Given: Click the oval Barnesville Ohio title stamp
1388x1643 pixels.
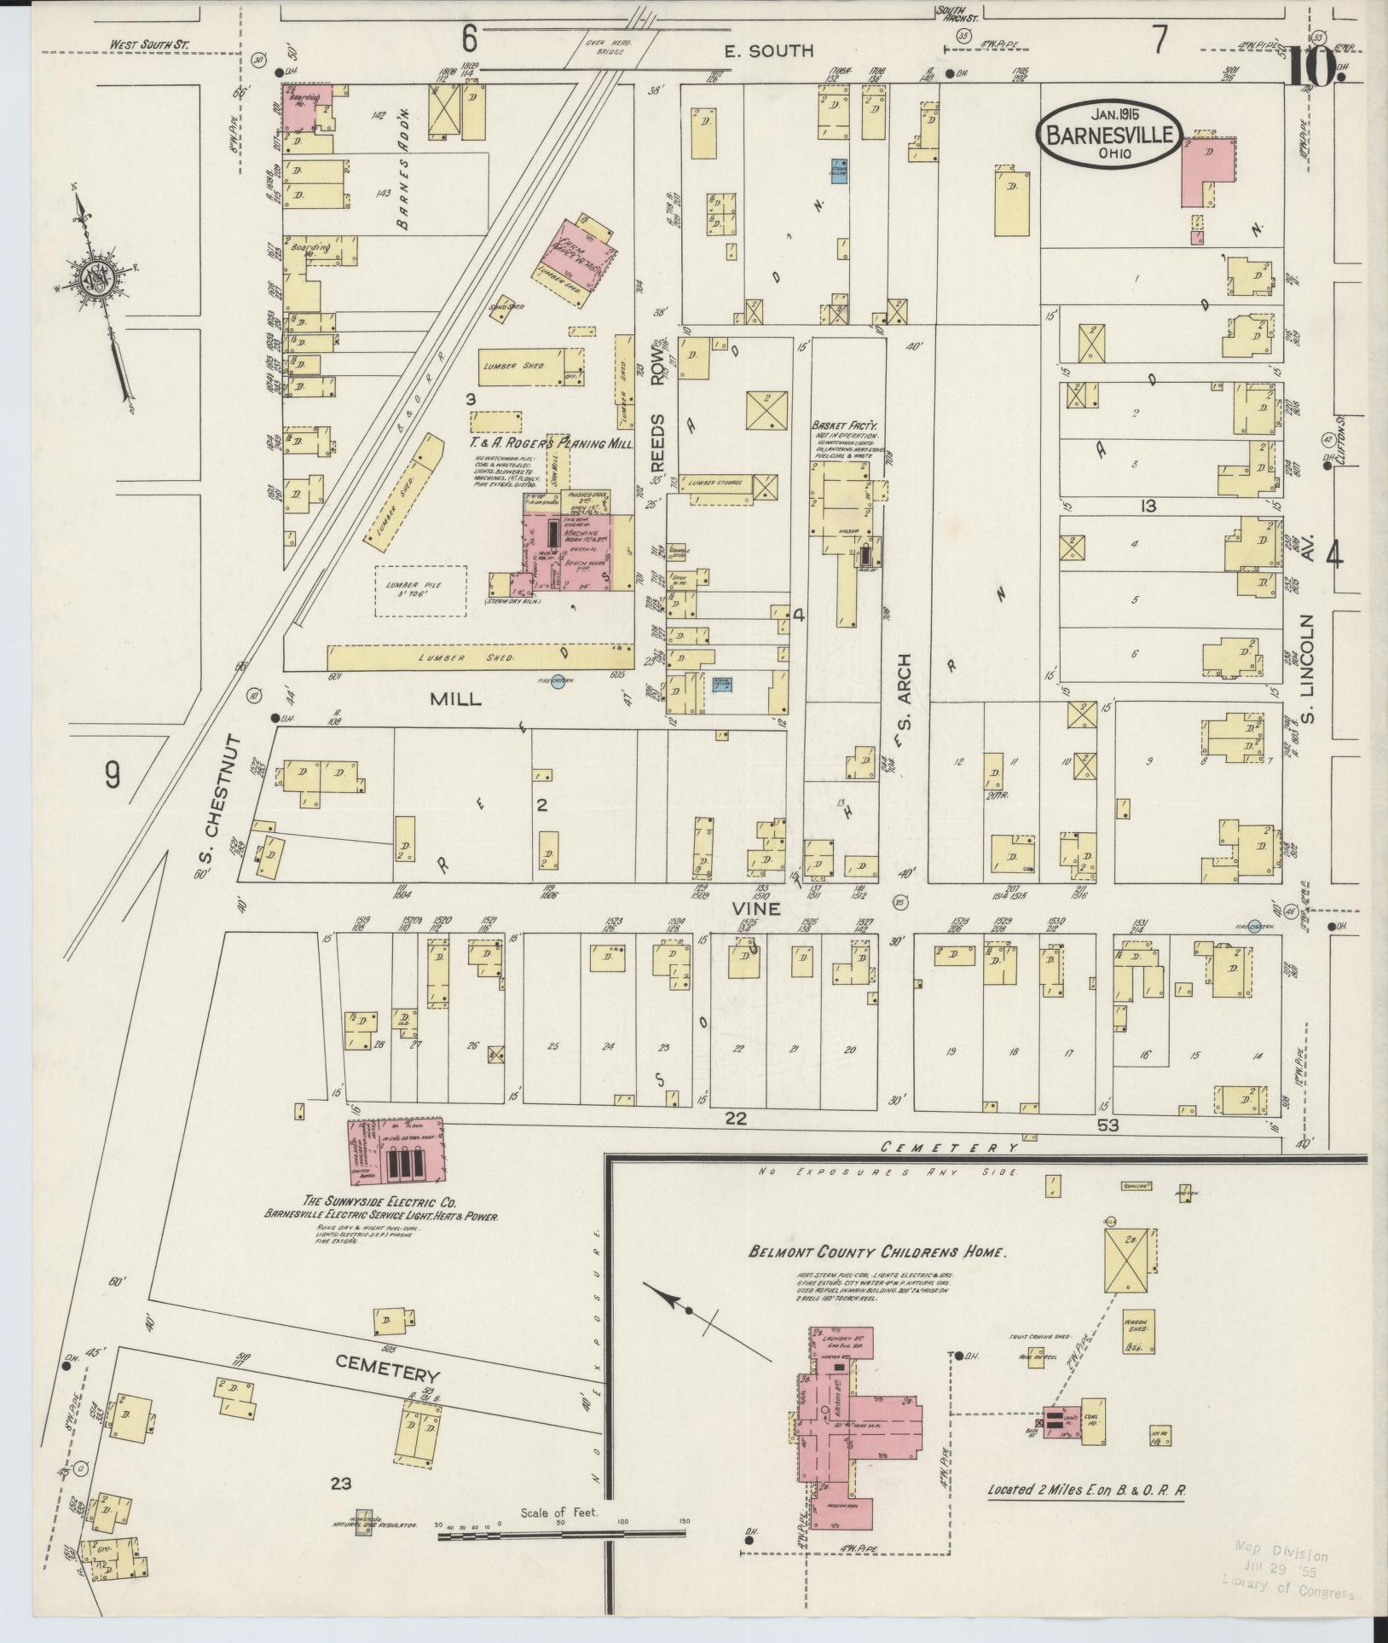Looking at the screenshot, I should (1109, 134).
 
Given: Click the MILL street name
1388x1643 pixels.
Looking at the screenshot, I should (455, 699).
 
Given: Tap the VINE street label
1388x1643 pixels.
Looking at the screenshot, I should (756, 909).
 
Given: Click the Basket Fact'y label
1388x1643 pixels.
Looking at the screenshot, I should (843, 424).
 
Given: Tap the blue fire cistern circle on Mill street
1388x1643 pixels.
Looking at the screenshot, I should (558, 685).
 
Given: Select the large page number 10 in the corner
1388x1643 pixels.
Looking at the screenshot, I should (1316, 68).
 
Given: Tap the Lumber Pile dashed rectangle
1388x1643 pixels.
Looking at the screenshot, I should (421, 591).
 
